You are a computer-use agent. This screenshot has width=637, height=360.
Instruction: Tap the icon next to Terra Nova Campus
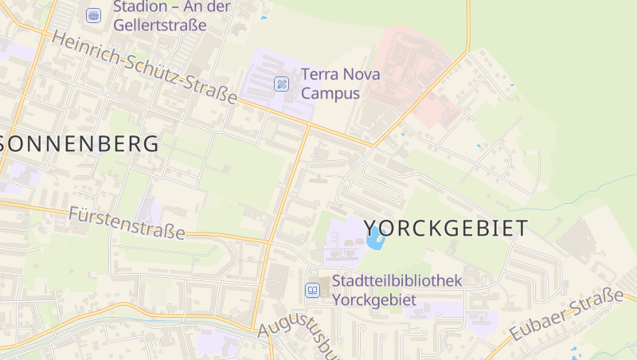[282, 84]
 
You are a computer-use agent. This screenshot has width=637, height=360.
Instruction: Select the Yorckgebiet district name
[445, 229]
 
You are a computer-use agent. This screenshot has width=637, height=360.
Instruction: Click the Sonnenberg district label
[79, 144]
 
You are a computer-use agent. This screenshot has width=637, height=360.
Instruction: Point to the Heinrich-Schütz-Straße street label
[144, 67]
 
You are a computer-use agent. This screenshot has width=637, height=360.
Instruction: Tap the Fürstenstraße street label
[127, 224]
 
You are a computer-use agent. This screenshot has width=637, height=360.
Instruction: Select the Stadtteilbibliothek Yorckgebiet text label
[397, 290]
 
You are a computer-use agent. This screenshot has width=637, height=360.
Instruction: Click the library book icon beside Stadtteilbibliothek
[313, 290]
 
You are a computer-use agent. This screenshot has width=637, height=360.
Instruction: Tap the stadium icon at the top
[94, 15]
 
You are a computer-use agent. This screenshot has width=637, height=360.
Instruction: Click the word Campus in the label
[330, 93]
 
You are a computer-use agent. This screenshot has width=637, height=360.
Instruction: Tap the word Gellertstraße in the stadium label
[159, 25]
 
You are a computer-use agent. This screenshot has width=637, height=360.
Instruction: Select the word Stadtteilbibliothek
[397, 281]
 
